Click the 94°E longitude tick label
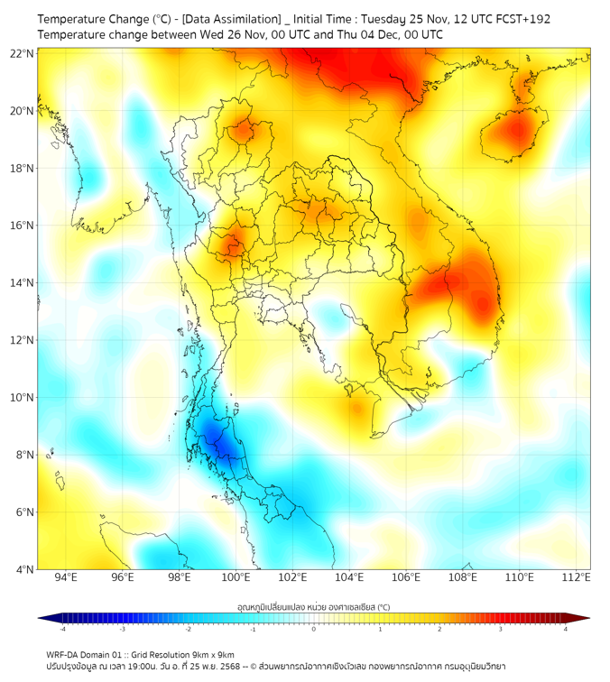[x=66, y=578]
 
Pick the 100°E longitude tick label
[x=236, y=578]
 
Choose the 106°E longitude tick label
[x=406, y=578]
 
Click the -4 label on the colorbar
[x=61, y=629]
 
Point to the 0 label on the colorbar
[x=313, y=629]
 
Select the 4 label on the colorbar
[x=565, y=629]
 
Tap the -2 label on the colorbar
[x=187, y=629]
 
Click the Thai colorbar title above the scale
[x=313, y=606]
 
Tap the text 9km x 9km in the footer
[x=208, y=654]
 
